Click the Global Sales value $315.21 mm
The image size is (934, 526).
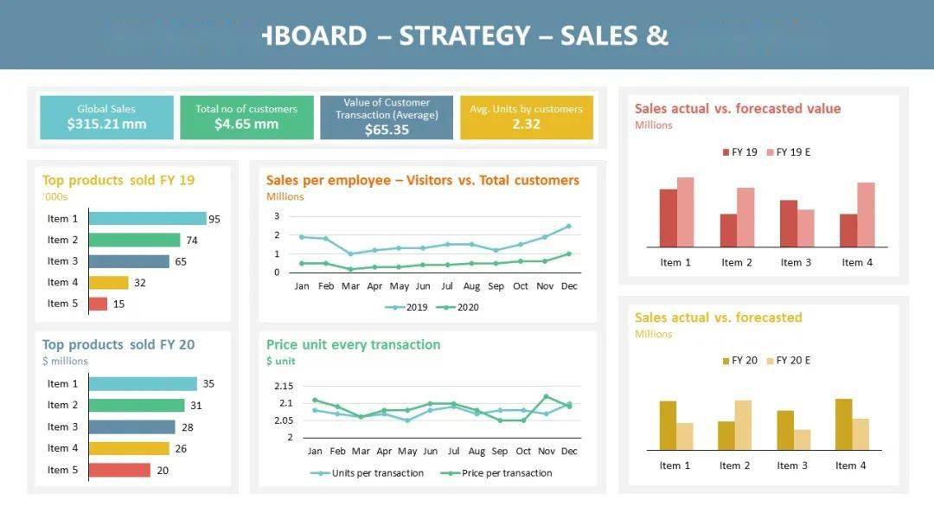(x=106, y=125)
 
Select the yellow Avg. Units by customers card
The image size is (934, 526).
(x=526, y=117)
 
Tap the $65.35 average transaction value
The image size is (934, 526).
(x=387, y=130)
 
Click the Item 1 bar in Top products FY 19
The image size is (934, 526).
(x=147, y=219)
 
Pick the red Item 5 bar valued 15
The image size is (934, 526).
(x=98, y=304)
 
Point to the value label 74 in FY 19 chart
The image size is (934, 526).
(x=192, y=241)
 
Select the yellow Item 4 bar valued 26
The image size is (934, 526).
(x=129, y=448)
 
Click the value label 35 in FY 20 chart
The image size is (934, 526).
(x=208, y=383)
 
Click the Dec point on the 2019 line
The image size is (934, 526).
(x=568, y=226)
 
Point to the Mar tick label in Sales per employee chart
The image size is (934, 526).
(x=350, y=286)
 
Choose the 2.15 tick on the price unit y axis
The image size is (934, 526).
(x=283, y=386)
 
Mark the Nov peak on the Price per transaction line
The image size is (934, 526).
(x=546, y=396)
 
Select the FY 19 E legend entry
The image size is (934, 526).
(x=788, y=152)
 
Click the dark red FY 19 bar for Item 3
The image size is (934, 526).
(x=788, y=223)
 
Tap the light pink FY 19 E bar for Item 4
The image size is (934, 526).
(x=866, y=215)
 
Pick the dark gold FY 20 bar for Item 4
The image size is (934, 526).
(x=843, y=424)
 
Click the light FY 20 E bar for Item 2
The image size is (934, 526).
(x=743, y=425)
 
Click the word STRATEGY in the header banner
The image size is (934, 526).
(x=464, y=35)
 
